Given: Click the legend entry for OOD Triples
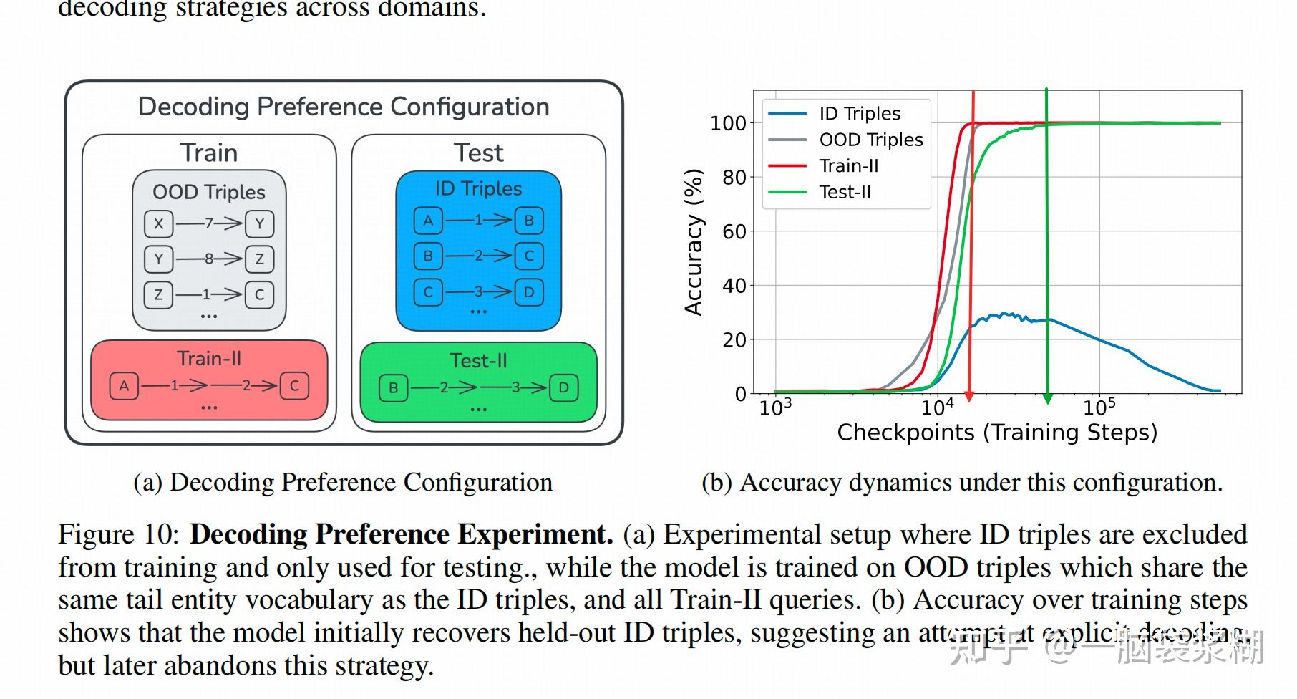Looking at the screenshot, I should (870, 140).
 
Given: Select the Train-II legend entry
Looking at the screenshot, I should (848, 166).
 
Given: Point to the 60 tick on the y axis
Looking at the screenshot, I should (734, 231).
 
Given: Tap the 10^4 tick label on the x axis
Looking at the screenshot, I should (937, 408).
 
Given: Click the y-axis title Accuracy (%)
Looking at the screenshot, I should (694, 242).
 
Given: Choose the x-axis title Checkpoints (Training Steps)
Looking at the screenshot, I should (997, 433).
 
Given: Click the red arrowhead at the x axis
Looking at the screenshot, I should (970, 396).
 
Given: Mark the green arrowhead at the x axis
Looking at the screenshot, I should (1047, 398).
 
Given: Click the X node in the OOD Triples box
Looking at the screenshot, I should (159, 223).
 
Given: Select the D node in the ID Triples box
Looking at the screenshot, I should (529, 292).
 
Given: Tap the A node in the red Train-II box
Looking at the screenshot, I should (124, 386).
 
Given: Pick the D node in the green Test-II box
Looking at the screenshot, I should (563, 387).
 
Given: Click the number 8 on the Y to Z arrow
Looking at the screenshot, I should (209, 259).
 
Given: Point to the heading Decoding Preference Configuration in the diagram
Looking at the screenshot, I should (344, 107).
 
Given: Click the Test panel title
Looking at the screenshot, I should (478, 153).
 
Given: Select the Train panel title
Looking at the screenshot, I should (208, 153).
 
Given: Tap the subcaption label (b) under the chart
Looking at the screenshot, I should (716, 483).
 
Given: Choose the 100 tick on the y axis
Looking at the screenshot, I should (728, 123).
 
